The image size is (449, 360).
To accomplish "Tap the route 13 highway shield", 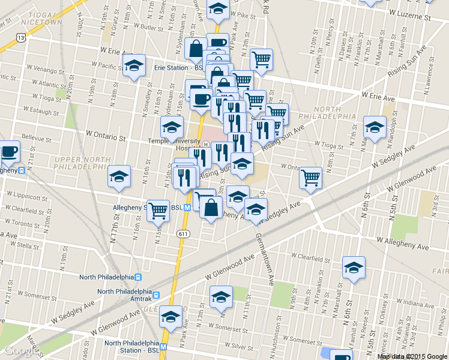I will (21, 37).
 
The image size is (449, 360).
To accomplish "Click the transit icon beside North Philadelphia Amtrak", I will (156, 295).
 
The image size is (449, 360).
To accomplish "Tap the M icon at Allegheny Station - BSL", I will (187, 208).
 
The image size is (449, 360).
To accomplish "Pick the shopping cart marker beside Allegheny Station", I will (158, 211).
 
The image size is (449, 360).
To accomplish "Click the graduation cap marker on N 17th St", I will (118, 177).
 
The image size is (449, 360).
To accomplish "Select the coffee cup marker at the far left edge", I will (8, 152).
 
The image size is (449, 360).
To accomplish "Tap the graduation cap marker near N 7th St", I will (375, 127).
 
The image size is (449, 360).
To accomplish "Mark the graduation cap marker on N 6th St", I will (354, 268).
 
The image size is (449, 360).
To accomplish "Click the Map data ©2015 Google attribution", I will (412, 356).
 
